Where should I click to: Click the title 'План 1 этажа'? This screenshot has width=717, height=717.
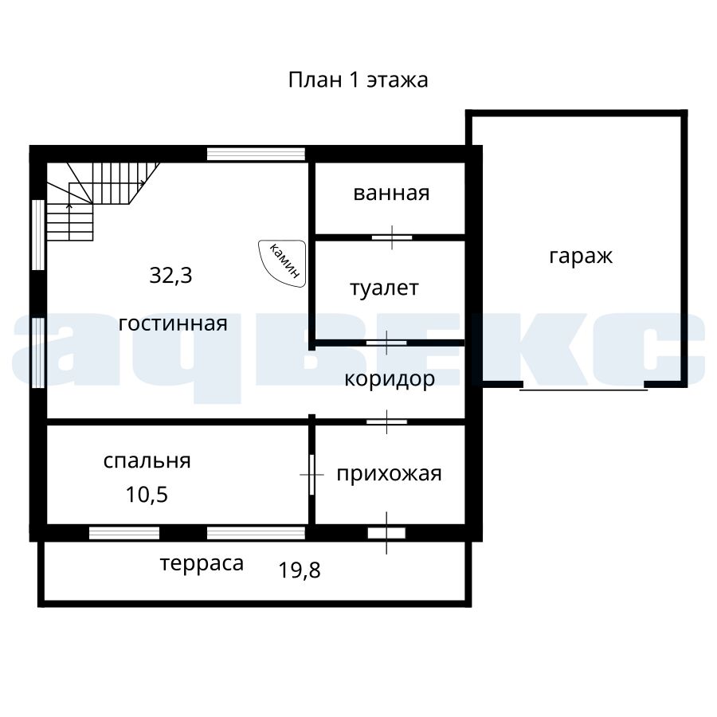pyautogui.click(x=358, y=80)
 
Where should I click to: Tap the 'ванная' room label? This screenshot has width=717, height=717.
pyautogui.click(x=391, y=193)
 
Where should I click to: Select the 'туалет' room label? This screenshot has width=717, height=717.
pyautogui.click(x=384, y=288)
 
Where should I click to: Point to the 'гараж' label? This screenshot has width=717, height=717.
pyautogui.click(x=581, y=257)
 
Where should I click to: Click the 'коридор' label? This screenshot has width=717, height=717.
pyautogui.click(x=390, y=379)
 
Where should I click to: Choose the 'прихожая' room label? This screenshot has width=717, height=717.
pyautogui.click(x=389, y=474)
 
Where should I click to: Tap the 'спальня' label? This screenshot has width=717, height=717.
pyautogui.click(x=147, y=461)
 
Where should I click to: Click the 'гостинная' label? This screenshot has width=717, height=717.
pyautogui.click(x=173, y=323)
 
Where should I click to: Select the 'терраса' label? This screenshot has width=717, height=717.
pyautogui.click(x=202, y=565)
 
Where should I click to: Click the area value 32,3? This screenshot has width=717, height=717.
pyautogui.click(x=170, y=276)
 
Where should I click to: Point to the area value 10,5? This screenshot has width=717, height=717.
pyautogui.click(x=147, y=494)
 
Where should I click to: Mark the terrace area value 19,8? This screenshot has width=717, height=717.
pyautogui.click(x=300, y=570)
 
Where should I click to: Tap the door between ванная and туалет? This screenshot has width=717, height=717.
pyautogui.click(x=392, y=237)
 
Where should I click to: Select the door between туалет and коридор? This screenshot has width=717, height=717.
pyautogui.click(x=386, y=343)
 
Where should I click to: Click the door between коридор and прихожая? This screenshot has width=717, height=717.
pyautogui.click(x=387, y=421)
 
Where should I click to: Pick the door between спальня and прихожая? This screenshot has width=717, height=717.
pyautogui.click(x=311, y=475)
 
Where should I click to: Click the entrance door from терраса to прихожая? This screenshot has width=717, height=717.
pyautogui.click(x=386, y=533)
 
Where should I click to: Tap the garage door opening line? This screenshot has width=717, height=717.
pyautogui.click(x=583, y=390)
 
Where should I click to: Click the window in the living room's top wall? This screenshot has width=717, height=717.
pyautogui.click(x=256, y=154)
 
